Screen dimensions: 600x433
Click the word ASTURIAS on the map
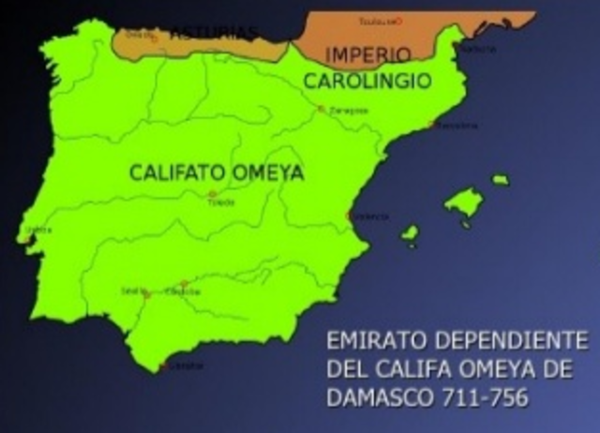coord(213,33)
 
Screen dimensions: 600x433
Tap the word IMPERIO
coord(353,55)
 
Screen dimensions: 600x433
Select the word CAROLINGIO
coord(367,81)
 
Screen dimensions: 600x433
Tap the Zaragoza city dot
coord(321,109)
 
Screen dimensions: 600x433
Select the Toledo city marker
coord(212,194)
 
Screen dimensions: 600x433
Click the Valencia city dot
coord(350,215)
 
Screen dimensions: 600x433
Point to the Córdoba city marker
coord(184,284)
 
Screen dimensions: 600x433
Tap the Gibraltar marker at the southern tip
coord(164,365)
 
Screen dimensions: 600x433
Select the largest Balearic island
coord(464,202)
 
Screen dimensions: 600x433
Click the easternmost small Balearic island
coord(501,179)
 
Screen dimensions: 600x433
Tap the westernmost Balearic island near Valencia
coord(410,233)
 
